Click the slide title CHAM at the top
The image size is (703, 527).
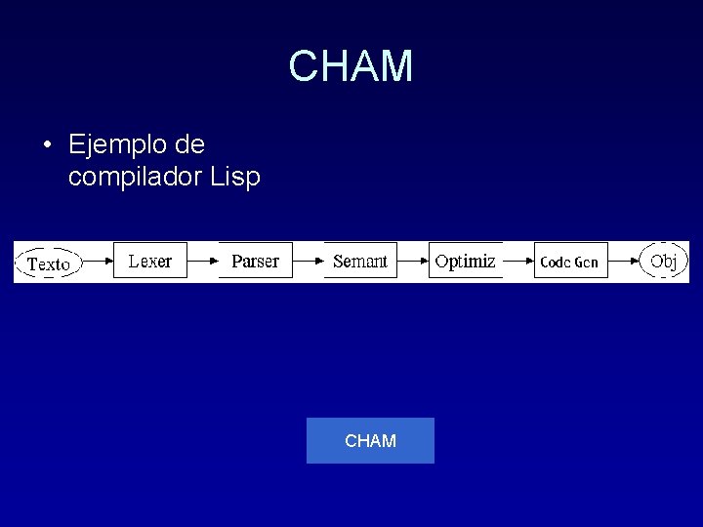[x=351, y=66]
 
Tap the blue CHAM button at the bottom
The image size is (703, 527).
[x=370, y=441]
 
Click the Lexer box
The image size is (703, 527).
[x=149, y=261]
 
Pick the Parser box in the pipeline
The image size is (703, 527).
[x=255, y=261]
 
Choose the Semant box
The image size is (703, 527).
[x=360, y=261]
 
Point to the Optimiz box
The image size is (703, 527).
[x=465, y=261]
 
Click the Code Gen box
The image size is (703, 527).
[x=570, y=262]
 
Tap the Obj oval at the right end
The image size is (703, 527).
[x=664, y=261]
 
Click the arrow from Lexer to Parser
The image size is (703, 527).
[x=202, y=262]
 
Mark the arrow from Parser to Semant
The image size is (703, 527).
[x=308, y=262]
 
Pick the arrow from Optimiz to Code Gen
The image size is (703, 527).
[x=518, y=262]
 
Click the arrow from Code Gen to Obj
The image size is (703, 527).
[x=624, y=262]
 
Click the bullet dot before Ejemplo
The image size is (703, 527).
[x=47, y=146]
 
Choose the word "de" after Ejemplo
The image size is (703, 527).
[x=190, y=145]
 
